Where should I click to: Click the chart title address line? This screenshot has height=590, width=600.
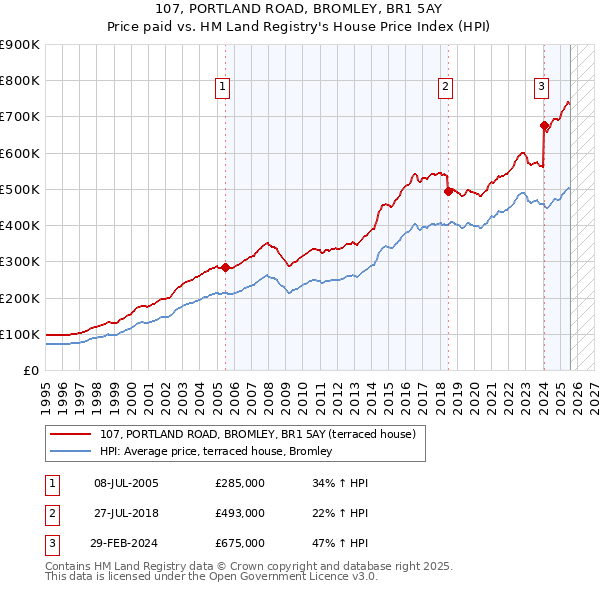click(x=299, y=9)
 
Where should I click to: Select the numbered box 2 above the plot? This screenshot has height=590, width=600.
click(x=444, y=87)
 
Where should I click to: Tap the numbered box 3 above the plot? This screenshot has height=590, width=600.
click(x=540, y=87)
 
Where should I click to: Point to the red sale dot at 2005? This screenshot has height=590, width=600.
click(x=225, y=267)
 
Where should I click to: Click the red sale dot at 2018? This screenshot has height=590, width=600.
click(x=447, y=191)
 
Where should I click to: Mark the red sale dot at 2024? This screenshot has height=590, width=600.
click(x=544, y=126)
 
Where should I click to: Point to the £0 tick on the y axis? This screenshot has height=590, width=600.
click(x=30, y=370)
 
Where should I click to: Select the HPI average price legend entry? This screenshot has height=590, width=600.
click(x=221, y=452)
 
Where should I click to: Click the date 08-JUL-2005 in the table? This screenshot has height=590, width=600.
click(x=125, y=483)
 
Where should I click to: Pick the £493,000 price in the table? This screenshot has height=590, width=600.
click(x=240, y=513)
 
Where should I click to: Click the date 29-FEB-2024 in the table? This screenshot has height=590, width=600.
click(x=125, y=543)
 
